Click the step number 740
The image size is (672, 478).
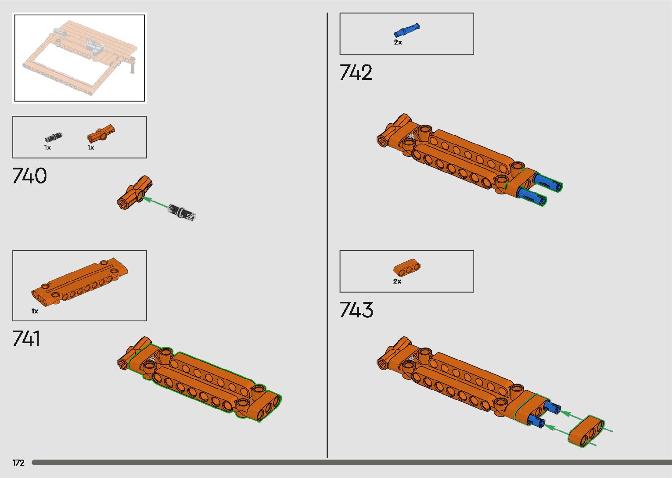pyautogui.click(x=29, y=176)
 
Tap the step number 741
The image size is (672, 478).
pyautogui.click(x=26, y=339)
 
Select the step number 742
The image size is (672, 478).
pyautogui.click(x=356, y=73)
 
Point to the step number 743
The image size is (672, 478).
pyautogui.click(x=356, y=310)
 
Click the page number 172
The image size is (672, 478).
pyautogui.click(x=18, y=463)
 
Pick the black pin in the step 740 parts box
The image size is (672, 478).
pyautogui.click(x=53, y=137)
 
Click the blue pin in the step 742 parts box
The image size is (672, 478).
pyautogui.click(x=406, y=31)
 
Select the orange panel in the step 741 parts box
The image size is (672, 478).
pyautogui.click(x=79, y=281)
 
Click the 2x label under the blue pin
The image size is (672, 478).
pyautogui.click(x=398, y=43)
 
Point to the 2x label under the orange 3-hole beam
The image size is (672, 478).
pyautogui.click(x=397, y=281)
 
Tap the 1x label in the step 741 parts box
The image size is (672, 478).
pyautogui.click(x=35, y=311)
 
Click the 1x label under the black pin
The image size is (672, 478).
pyautogui.click(x=47, y=148)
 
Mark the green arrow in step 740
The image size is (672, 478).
pyautogui.click(x=156, y=202)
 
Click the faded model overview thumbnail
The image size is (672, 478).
pyautogui.click(x=79, y=58)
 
